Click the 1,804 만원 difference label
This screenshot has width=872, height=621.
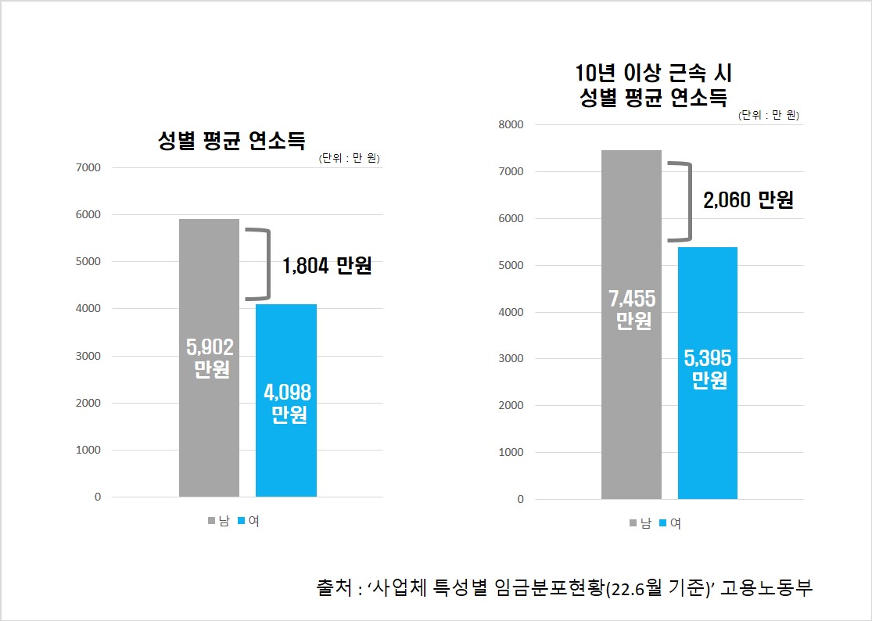click(327, 265)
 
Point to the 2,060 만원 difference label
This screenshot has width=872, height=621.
click(748, 200)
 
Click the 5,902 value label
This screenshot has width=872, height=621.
click(210, 346)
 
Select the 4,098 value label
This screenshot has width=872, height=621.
click(288, 393)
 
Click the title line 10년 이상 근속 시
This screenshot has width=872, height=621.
click(653, 74)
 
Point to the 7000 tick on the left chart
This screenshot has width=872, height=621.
click(87, 167)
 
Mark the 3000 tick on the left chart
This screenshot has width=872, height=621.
click(87, 356)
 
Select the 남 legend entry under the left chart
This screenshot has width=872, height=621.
click(218, 521)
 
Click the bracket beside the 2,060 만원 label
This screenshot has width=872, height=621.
click(682, 201)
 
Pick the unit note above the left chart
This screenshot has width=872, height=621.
click(349, 158)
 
